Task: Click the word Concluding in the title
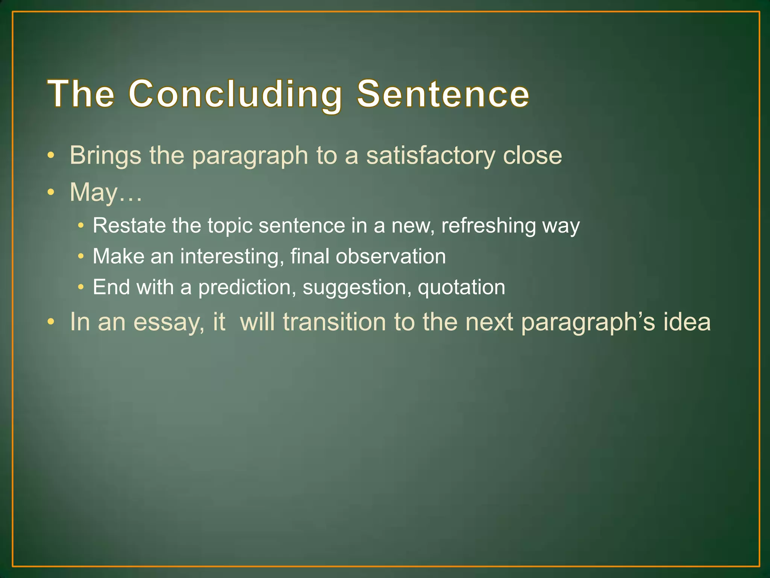point(235,94)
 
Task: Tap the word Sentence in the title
point(443,94)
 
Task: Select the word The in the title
point(81,94)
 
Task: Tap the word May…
point(106,193)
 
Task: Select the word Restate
point(129,225)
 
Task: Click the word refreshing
point(488,226)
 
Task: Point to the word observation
point(391,256)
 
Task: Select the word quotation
point(461,288)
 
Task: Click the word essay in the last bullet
point(169,323)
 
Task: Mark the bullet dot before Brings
point(51,155)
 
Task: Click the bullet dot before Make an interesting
point(80,257)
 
